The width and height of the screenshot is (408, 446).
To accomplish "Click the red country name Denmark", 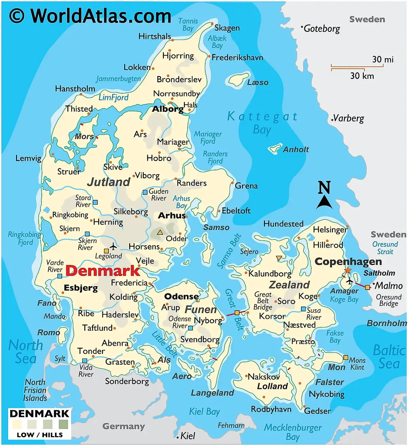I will point(103,271).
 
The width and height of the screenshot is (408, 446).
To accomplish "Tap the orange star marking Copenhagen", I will point(347,270).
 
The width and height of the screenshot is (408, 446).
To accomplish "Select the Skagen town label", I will point(227,28).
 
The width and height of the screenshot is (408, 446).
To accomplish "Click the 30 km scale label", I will point(362,76).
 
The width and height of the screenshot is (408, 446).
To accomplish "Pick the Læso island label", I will point(258,82).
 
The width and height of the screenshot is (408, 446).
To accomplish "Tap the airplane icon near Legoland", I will point(113,246).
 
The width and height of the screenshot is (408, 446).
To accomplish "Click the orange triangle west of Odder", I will point(160,233).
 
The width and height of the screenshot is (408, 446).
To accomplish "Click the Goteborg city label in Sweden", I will point(321,29).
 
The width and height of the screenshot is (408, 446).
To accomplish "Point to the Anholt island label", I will point(296,150).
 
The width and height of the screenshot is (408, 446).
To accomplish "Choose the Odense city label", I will point(181,296).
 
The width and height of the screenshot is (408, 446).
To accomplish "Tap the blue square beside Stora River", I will point(96,202).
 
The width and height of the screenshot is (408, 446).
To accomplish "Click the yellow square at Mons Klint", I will point(345,357).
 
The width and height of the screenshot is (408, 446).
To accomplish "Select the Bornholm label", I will point(387,323).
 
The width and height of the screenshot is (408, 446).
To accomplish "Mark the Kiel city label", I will point(188,436).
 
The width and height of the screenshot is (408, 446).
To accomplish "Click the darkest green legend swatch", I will point(63,424).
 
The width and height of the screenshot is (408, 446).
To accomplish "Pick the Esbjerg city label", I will point(81,288).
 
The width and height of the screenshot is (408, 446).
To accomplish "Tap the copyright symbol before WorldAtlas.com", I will point(17,16).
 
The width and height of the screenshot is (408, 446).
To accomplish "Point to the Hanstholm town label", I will point(75,89).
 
